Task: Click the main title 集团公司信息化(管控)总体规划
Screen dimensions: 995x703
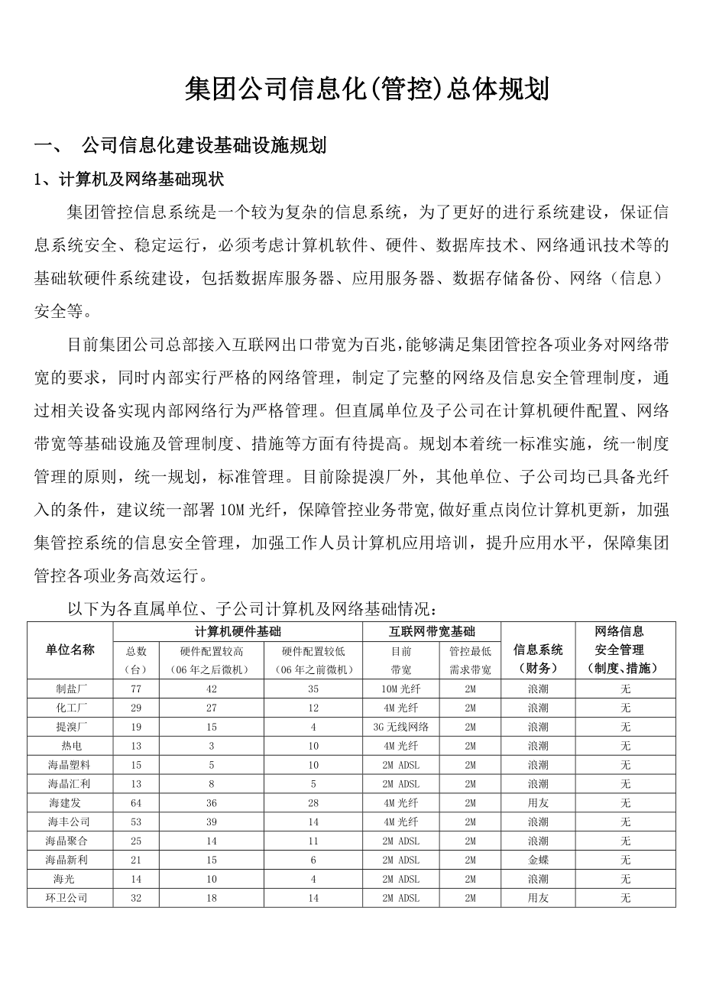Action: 367,90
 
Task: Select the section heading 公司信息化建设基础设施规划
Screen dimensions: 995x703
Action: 204,145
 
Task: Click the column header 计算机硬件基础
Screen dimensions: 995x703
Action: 238,631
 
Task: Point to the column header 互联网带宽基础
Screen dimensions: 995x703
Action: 432,631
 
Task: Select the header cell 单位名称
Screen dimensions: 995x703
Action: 70,650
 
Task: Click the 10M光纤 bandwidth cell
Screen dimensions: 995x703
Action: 401,689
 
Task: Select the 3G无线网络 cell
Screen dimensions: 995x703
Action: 401,727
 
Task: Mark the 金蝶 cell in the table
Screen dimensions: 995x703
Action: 538,860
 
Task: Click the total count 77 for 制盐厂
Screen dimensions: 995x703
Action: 136,689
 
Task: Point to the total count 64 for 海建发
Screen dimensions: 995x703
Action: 136,803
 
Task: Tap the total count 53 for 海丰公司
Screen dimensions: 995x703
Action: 136,822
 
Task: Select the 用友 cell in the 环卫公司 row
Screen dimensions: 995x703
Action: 538,898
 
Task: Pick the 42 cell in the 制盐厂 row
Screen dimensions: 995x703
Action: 212,689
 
